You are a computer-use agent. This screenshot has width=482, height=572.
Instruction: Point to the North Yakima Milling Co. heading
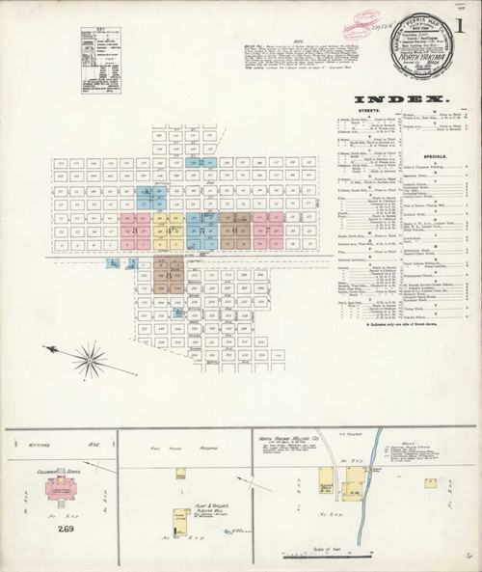286,438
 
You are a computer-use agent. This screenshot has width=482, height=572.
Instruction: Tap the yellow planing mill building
178,522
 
